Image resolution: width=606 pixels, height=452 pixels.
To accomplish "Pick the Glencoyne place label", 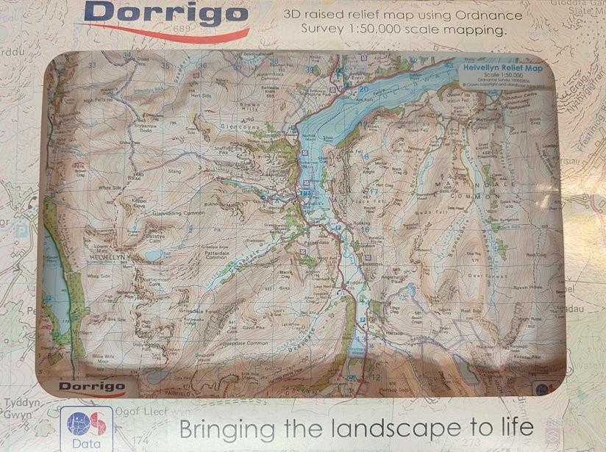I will pyautogui.click(x=238, y=126).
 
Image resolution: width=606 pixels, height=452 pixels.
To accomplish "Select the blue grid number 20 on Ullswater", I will pyautogui.click(x=363, y=90).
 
